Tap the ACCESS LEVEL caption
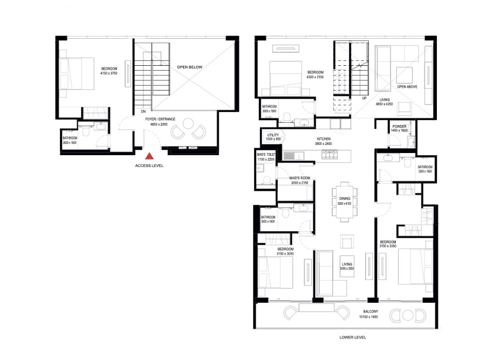click(x=149, y=166)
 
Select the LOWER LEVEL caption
click(x=353, y=337)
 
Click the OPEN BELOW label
click(x=190, y=67)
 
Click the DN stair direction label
click(x=143, y=113)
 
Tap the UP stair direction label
click(x=364, y=99)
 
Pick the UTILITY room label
click(x=273, y=135)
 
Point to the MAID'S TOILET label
click(x=266, y=155)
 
